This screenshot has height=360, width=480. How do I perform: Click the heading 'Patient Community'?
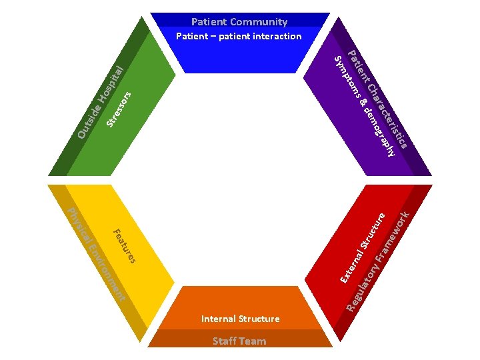239,22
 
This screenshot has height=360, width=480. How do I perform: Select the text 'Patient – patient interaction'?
239,36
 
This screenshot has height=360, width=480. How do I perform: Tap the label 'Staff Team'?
239,341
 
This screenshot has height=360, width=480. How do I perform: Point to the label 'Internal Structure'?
240,319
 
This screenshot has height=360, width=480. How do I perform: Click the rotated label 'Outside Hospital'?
101,103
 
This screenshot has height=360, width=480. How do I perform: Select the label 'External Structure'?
363,246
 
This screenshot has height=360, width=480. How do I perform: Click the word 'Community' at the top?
260,22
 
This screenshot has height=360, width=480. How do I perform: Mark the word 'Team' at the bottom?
253,341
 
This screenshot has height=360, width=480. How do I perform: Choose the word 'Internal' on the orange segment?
219,319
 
